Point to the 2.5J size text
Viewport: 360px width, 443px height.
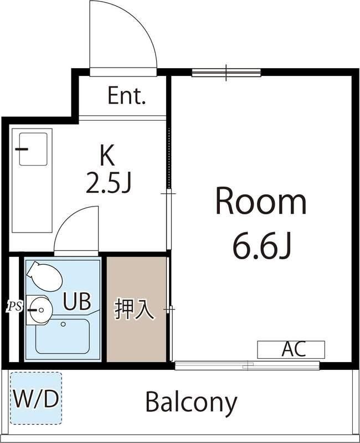pyautogui.click(x=108, y=183)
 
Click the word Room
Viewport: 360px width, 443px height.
pyautogui.click(x=260, y=202)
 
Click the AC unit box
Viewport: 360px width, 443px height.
pyautogui.click(x=291, y=349)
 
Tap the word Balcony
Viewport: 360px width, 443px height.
pyautogui.click(x=191, y=402)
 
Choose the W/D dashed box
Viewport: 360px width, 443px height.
pyautogui.click(x=35, y=398)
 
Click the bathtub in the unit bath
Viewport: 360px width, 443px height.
pyautogui.click(x=62, y=337)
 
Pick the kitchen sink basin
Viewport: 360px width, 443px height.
pyautogui.click(x=33, y=149)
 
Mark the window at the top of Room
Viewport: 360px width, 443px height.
pyautogui.click(x=226, y=73)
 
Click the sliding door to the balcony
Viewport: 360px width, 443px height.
pyautogui.click(x=247, y=365)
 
